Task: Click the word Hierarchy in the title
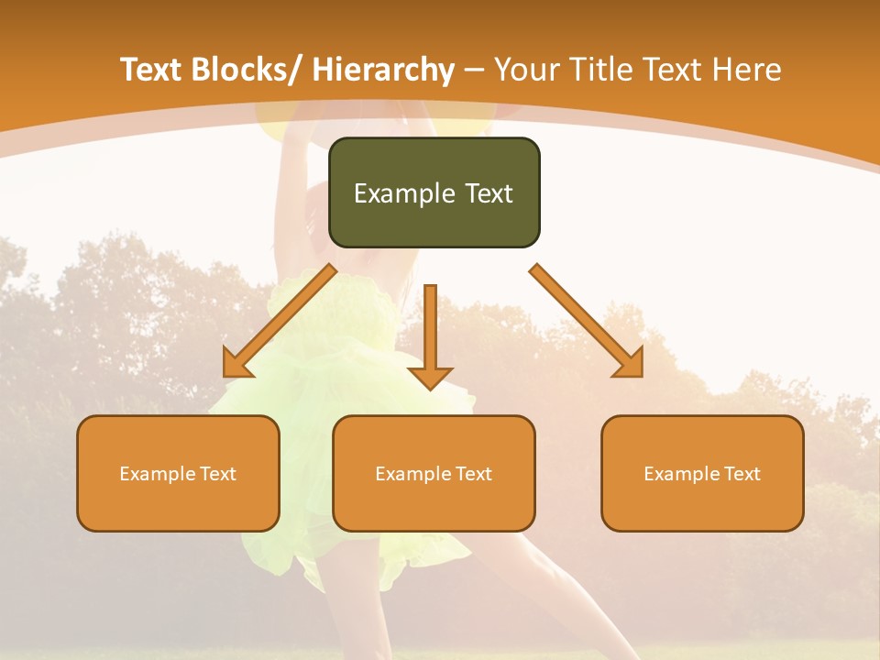383,70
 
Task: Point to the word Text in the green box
487,193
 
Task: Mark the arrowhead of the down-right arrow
631,364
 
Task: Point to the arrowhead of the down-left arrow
236,364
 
